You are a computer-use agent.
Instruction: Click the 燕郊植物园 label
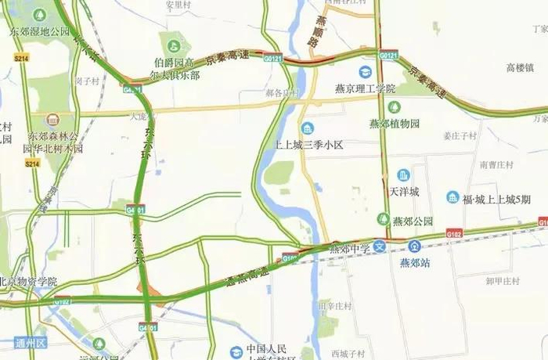pyautogui.click(x=395, y=124)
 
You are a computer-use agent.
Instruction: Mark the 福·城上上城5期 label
pyautogui.click(x=496, y=199)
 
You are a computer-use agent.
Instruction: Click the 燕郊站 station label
pyautogui.click(x=415, y=262)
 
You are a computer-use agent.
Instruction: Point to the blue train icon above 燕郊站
pyautogui.click(x=415, y=246)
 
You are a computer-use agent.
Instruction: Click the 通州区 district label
pyautogui.click(x=31, y=344)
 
